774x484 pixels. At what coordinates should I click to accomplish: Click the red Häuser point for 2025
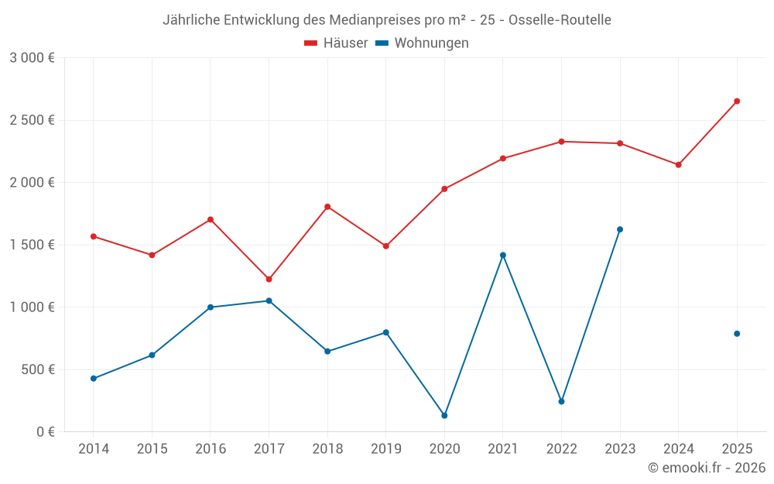[737, 101]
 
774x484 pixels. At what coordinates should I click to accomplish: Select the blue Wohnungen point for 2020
[444, 416]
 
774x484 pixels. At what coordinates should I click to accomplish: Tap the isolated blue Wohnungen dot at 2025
[737, 334]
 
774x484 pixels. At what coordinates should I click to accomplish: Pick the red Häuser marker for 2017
[269, 279]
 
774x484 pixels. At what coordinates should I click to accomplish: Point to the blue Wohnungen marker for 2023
[620, 229]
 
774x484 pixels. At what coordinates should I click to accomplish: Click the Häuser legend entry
[336, 43]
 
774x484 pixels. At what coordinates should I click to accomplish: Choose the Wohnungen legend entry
[423, 43]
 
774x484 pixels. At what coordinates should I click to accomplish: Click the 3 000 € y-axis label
[32, 58]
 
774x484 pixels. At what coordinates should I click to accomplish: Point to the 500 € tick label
[37, 369]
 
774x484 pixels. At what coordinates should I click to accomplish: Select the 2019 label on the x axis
[385, 448]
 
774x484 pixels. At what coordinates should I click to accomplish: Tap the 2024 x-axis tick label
[678, 448]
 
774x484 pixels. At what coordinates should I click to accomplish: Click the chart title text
[387, 20]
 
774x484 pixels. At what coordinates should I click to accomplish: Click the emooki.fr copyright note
[706, 468]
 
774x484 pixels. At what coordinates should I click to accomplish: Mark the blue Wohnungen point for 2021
[503, 255]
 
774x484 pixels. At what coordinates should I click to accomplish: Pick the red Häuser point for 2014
[94, 236]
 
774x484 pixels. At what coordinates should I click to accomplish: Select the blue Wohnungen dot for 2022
[561, 401]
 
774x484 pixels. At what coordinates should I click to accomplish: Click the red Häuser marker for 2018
[327, 207]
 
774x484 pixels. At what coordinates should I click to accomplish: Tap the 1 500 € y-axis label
[32, 245]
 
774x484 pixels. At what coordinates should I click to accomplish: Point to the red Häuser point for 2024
[678, 165]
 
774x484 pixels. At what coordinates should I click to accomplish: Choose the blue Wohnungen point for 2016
[211, 307]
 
